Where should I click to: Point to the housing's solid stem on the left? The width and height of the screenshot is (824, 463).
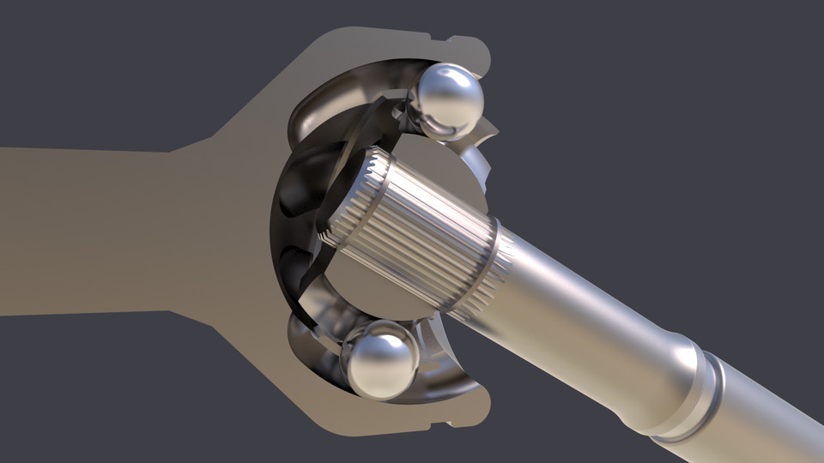pos(86,231)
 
